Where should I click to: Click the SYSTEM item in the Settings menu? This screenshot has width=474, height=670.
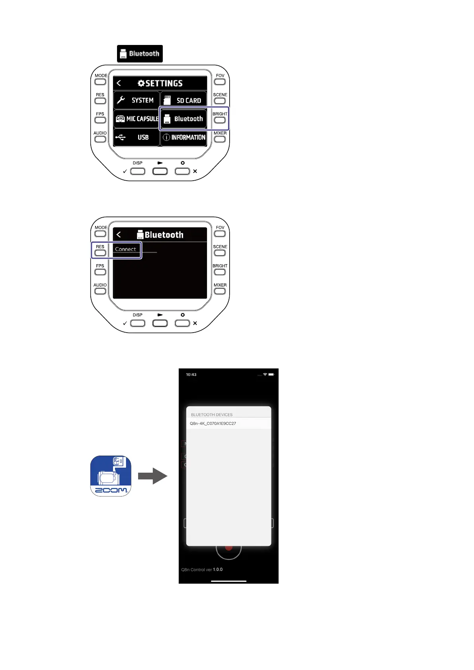(137, 100)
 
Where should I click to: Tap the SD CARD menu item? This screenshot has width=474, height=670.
(183, 100)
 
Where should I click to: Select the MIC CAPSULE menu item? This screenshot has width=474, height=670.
(137, 119)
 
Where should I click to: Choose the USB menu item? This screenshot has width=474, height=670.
(137, 137)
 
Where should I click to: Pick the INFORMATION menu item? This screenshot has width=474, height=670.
(184, 137)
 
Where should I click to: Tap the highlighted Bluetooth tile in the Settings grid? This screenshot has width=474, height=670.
(183, 119)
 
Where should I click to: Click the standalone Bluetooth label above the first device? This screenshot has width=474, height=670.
(140, 54)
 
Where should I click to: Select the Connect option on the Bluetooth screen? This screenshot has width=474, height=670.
(125, 249)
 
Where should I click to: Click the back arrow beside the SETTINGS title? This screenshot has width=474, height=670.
(119, 83)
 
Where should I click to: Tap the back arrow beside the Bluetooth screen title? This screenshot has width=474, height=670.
(119, 235)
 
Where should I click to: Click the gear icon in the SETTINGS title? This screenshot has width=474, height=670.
(141, 83)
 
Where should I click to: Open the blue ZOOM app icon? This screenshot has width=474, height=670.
(111, 476)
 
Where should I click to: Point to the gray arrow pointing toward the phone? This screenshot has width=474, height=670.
(152, 476)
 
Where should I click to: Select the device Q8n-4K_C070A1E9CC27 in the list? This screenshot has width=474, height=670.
(213, 423)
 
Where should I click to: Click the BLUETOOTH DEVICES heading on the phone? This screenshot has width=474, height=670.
(212, 415)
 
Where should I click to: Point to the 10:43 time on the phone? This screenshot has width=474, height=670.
(191, 374)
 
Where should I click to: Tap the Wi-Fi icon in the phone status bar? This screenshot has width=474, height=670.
(265, 374)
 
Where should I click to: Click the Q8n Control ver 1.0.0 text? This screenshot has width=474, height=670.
(202, 570)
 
